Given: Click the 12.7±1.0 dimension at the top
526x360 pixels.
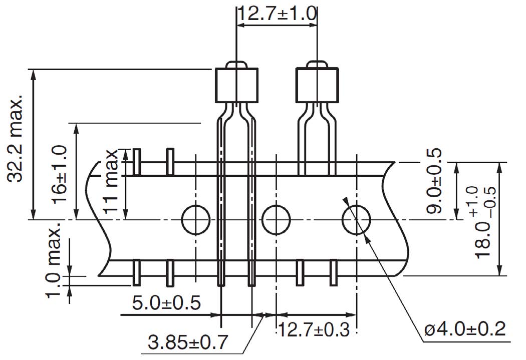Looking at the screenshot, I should point(277,13).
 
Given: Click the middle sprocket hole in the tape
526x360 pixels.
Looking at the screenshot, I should point(276,220).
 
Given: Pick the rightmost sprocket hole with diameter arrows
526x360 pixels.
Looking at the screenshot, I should point(356,220).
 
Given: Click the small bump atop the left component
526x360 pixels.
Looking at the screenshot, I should point(236,65).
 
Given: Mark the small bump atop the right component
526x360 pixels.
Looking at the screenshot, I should point(317,65).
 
